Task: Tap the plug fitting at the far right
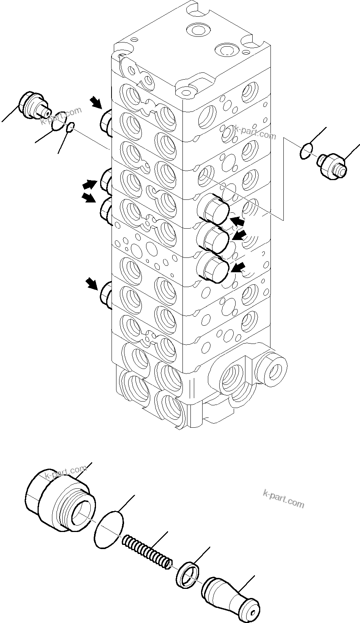click(331, 165)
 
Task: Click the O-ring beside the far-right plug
click(306, 151)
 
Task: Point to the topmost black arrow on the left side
click(96, 102)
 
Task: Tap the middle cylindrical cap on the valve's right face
click(213, 238)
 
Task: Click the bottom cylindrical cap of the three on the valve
click(213, 268)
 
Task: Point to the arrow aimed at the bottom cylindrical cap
click(238, 268)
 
